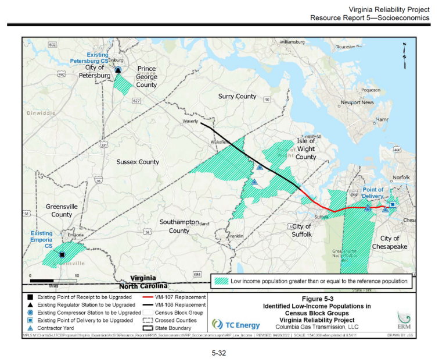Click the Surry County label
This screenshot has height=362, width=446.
pyautogui.click(x=237, y=96)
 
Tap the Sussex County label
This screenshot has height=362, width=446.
pyautogui.click(x=137, y=162)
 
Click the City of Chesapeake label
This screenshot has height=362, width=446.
pyautogui.click(x=390, y=243)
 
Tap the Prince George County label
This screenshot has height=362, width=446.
pyautogui.click(x=146, y=77)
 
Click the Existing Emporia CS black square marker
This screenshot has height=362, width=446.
pyautogui.click(x=62, y=254)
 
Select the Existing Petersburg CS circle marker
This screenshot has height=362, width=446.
pyautogui.click(x=118, y=70)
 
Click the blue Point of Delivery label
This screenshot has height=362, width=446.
pyautogui.click(x=373, y=193)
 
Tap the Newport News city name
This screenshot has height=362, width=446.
pyautogui.click(x=357, y=102)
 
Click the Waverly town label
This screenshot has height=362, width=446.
pyautogui.click(x=191, y=122)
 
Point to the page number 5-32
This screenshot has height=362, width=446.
pyautogui.click(x=222, y=353)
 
